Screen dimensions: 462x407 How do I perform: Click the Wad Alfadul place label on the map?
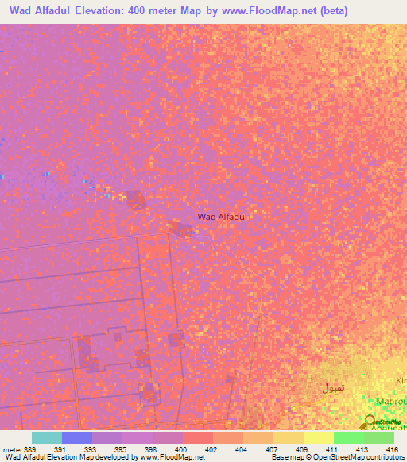pyautogui.click(x=223, y=216)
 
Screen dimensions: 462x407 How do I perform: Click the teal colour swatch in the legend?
pyautogui.click(x=47, y=437)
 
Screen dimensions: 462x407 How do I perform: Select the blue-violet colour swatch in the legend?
pyautogui.click(x=77, y=437)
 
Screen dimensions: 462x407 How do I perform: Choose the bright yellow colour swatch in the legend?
pyautogui.click(x=319, y=437)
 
